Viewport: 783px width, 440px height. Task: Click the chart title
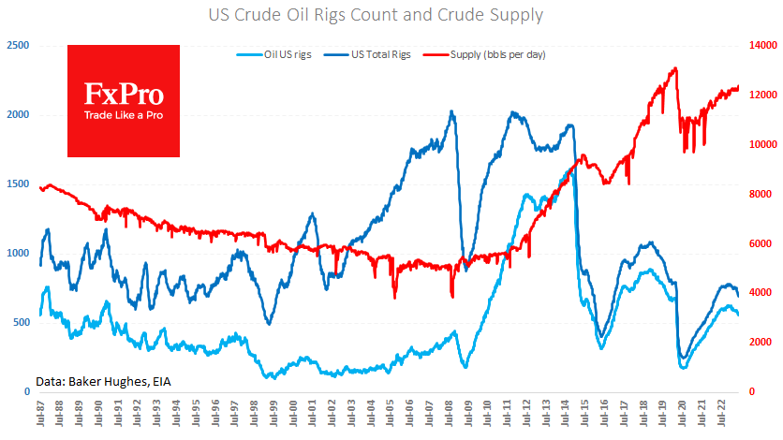[x=391, y=15]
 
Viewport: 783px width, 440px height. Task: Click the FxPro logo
[x=124, y=100]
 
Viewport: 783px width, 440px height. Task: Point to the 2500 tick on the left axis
[x=18, y=46]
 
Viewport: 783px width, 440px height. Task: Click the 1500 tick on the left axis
[x=18, y=184]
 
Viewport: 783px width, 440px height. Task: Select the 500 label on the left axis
[x=21, y=322]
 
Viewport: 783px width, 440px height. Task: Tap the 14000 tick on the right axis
[x=760, y=46]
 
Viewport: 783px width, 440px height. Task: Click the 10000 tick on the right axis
[x=760, y=145]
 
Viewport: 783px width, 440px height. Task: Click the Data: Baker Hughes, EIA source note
[x=103, y=380]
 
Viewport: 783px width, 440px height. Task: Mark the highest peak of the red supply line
[x=675, y=68]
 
